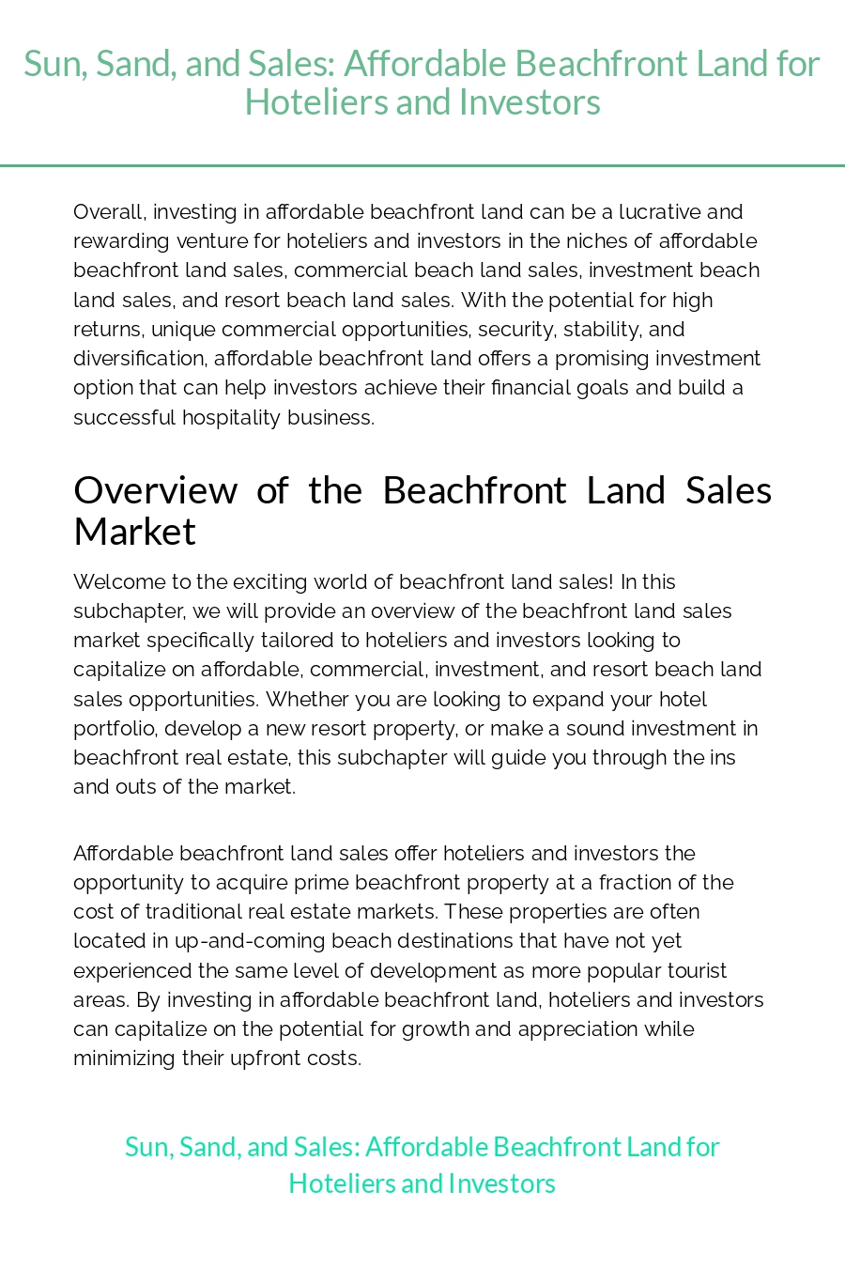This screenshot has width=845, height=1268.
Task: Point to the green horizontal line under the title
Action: coord(422,165)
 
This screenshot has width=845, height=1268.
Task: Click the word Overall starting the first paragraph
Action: coord(108,211)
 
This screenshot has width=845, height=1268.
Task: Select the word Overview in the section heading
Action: coord(156,490)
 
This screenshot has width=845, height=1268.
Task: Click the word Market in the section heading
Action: coord(134,532)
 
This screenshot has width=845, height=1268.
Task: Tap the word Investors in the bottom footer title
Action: coord(501,1183)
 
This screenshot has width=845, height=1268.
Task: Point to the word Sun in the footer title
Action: coord(146,1147)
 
